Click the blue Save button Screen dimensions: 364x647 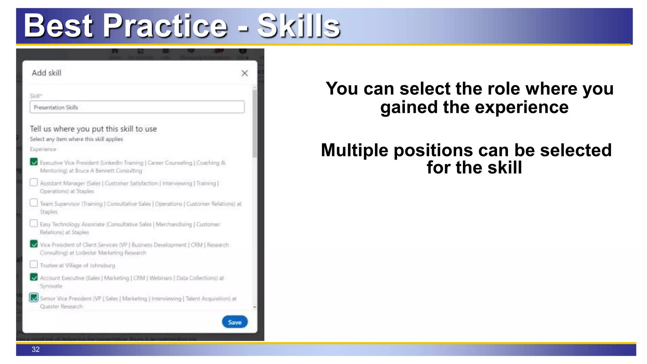click(x=234, y=322)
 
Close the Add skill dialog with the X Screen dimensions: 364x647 click(x=245, y=73)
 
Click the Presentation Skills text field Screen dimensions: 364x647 click(x=137, y=107)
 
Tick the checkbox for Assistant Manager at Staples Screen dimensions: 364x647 click(x=34, y=182)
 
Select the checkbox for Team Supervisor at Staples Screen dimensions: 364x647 click(x=34, y=203)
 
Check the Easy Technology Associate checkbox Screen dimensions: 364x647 click(x=34, y=223)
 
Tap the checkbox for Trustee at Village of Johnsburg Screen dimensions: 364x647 click(x=34, y=264)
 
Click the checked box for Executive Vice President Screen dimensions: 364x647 click(x=34, y=162)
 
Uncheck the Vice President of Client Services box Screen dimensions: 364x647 click(x=34, y=244)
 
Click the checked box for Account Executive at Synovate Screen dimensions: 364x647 click(x=34, y=277)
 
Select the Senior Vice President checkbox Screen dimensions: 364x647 click(x=34, y=298)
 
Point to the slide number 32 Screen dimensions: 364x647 click(x=36, y=349)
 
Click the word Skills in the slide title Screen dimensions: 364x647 click(x=298, y=26)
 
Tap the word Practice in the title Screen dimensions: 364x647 click(x=165, y=26)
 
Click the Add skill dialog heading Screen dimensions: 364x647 click(x=46, y=73)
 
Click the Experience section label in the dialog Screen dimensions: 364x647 click(x=43, y=149)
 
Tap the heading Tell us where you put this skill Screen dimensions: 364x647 click(x=93, y=129)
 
